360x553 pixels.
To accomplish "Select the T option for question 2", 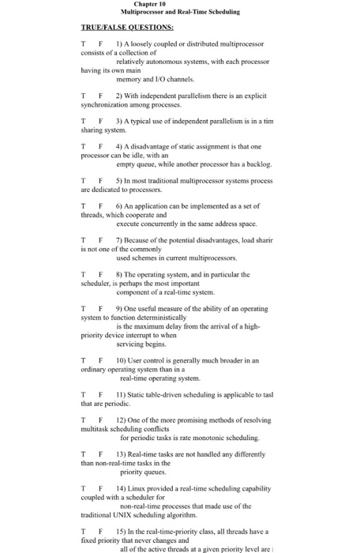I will [x=84, y=96].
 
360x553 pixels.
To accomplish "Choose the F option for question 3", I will [x=101, y=121].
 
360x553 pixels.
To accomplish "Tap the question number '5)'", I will [x=118, y=181].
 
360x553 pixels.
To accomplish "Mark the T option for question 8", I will [x=84, y=275].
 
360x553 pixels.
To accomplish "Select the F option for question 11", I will [x=101, y=393].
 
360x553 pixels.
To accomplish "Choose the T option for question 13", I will [x=84, y=454].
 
